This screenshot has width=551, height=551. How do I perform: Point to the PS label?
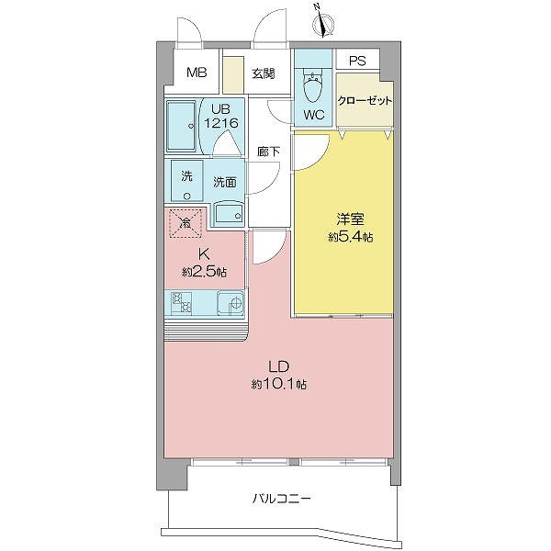coord(357,62)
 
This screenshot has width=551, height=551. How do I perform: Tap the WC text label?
coord(313,115)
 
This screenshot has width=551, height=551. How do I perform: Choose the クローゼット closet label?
coord(364,102)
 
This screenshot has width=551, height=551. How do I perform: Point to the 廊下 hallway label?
coord(268,152)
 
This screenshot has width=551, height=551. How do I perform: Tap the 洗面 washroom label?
coord(225,182)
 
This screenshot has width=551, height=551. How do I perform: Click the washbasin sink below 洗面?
coord(227,215)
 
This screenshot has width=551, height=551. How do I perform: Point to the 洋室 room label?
coord(346,219)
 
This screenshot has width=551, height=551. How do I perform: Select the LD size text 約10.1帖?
coord(279,383)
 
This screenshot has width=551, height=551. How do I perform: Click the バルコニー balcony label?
coord(282,500)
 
